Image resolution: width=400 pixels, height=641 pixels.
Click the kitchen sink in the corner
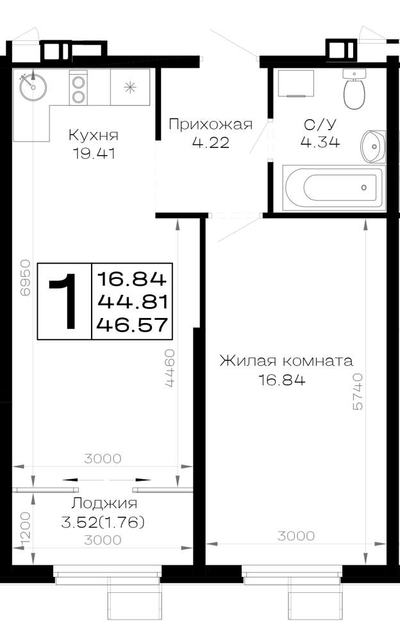(33, 87)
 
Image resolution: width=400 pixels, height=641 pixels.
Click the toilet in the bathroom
(354, 89)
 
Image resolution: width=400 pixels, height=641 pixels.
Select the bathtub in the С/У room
(334, 188)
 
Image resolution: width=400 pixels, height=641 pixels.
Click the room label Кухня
(93, 135)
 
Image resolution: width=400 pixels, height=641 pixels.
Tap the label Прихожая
(211, 124)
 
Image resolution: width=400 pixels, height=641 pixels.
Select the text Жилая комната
(287, 361)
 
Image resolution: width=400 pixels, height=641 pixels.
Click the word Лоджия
(104, 503)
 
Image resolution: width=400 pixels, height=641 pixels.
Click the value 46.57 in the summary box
(132, 325)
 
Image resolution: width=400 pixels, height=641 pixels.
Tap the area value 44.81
(133, 302)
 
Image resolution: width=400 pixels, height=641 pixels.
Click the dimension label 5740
(357, 391)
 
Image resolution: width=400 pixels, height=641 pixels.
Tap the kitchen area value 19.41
(94, 154)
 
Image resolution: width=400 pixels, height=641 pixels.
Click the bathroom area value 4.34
(321, 142)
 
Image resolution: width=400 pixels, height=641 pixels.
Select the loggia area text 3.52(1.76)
(103, 522)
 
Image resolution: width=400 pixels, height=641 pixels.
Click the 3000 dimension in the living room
(296, 535)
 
